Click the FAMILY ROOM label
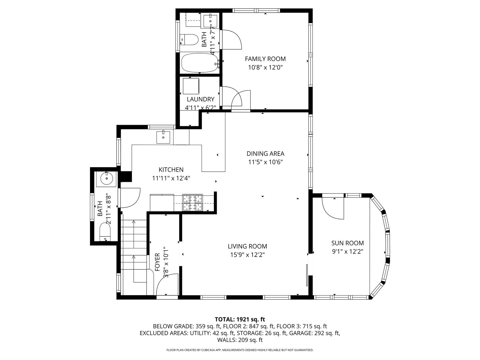265,59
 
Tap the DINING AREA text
265,154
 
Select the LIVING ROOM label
247,246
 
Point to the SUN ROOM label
348,243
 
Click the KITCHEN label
171,170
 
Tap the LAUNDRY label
200,100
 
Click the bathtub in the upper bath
200,63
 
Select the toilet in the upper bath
189,40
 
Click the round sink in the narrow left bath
107,179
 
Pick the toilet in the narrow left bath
105,232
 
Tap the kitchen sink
163,137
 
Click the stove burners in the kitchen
193,203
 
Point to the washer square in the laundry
191,86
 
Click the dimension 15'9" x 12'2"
247,255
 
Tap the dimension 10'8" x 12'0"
265,67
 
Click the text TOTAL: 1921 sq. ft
240,319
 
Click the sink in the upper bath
210,21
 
